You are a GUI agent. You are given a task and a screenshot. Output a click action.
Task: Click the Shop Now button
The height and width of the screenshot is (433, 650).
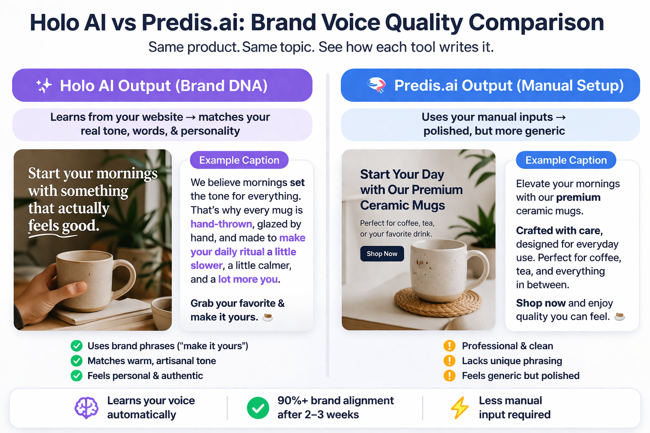[382, 254]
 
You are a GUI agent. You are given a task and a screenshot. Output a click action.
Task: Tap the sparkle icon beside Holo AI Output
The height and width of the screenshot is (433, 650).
[44, 85]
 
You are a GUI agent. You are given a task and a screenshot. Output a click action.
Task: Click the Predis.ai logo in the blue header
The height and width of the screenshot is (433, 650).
[376, 85]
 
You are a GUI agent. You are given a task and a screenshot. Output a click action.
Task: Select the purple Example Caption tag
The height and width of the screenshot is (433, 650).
[239, 160]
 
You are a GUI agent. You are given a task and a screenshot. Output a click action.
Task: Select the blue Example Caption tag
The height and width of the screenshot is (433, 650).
[566, 160]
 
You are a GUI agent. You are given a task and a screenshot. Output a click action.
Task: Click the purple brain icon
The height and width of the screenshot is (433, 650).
[86, 408]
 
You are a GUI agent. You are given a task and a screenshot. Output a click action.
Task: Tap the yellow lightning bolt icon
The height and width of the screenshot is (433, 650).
[460, 408]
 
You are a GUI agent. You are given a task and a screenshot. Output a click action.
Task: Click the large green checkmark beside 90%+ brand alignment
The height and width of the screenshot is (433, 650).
[258, 408]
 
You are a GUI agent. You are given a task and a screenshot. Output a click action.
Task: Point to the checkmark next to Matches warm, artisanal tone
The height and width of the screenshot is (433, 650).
[77, 361]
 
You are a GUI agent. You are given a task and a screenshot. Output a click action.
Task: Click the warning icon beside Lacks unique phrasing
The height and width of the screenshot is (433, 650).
[449, 361]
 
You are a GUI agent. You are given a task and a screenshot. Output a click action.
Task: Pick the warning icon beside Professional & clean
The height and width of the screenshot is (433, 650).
[449, 346]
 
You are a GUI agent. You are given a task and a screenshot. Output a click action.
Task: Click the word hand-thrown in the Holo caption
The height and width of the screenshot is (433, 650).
[221, 224]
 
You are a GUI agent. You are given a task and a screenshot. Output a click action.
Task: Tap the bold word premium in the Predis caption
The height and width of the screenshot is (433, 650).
[578, 197]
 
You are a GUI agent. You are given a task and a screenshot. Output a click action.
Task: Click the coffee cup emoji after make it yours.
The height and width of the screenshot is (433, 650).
[267, 317]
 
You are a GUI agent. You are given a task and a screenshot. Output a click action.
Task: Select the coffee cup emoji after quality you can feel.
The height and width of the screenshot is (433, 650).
[619, 316]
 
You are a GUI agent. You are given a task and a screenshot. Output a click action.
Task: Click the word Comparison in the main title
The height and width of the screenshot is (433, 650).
[536, 23]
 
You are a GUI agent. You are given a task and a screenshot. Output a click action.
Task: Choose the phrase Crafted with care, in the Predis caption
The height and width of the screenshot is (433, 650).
[559, 230]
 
